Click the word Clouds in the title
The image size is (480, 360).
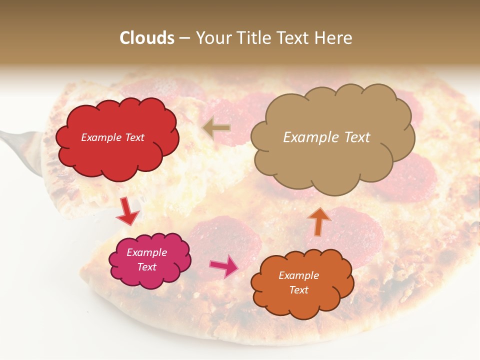147,38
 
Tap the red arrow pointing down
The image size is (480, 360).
127,210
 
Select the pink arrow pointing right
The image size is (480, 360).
224,265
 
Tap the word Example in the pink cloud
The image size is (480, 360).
146,252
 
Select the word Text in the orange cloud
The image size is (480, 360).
298,290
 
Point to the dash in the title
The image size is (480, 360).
184,38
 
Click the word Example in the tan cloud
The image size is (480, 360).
307,137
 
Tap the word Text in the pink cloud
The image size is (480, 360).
146,267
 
